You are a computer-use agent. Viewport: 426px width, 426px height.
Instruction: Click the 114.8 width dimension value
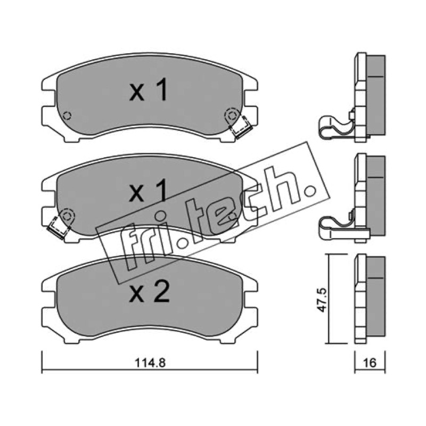150,363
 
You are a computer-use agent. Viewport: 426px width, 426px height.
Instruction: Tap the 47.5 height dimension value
322,300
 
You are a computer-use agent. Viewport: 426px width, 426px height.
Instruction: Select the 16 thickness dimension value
370,363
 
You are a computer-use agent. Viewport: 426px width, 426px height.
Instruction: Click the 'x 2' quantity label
150,292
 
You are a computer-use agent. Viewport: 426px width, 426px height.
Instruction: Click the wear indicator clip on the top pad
241,126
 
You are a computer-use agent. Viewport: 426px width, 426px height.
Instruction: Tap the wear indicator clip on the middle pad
58,228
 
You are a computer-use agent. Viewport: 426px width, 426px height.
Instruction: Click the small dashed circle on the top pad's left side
67,116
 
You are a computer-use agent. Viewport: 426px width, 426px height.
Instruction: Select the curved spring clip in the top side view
337,127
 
